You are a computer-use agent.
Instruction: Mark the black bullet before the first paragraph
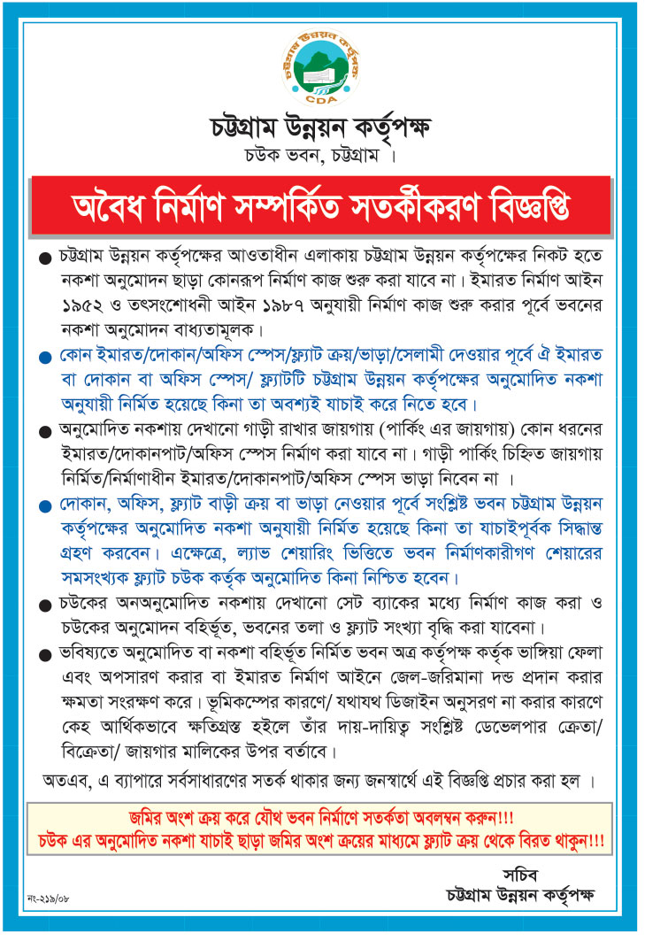coord(45,258)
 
